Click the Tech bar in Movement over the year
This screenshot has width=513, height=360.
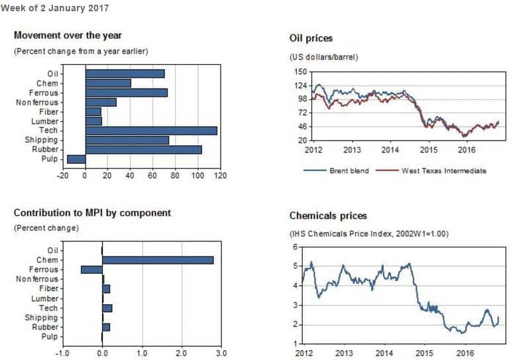pyautogui.click(x=150, y=131)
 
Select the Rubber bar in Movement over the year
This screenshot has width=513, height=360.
pyautogui.click(x=143, y=150)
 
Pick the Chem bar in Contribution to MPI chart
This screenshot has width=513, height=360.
pyautogui.click(x=158, y=260)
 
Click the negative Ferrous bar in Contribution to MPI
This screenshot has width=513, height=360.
pyautogui.click(x=91, y=270)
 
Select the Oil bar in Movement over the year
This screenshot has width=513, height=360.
pyautogui.click(x=125, y=74)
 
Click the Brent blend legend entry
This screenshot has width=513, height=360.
pyautogui.click(x=349, y=170)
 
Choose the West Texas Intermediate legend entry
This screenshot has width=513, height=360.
pyautogui.click(x=443, y=170)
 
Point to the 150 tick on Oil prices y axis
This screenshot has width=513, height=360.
pyautogui.click(x=300, y=72)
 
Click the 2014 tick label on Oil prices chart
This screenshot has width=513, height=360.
pyautogui.click(x=390, y=150)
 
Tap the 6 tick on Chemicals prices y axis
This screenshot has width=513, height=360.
pyautogui.click(x=296, y=247)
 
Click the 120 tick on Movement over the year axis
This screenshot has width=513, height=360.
pyautogui.click(x=220, y=176)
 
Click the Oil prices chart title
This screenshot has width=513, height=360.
pyautogui.click(x=311, y=38)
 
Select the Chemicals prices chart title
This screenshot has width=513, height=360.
pyautogui.click(x=328, y=216)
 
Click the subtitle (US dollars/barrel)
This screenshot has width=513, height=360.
pyautogui.click(x=324, y=57)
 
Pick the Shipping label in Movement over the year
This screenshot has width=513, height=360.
pyautogui.click(x=41, y=140)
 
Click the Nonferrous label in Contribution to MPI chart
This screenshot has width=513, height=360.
pyautogui.click(x=37, y=279)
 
